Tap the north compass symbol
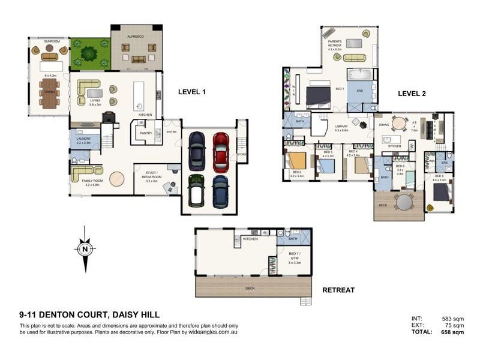point(85,248)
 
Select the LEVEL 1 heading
point(192,92)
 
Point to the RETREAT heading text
point(338,290)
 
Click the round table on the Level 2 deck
point(405,202)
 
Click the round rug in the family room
point(116,181)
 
